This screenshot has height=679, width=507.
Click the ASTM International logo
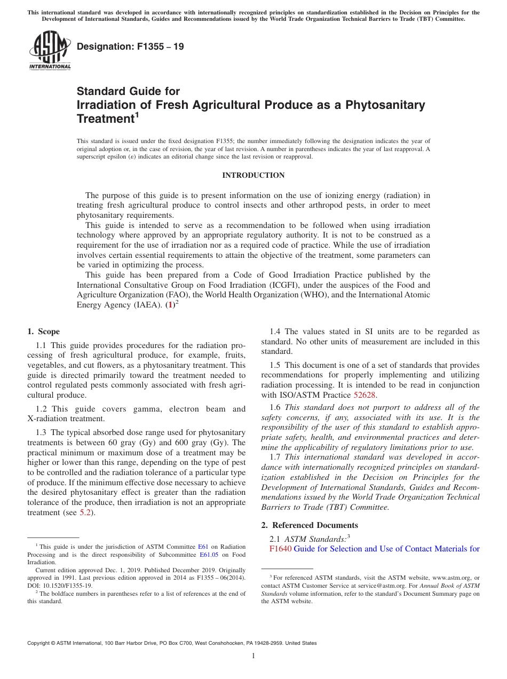pyautogui.click(x=49, y=50)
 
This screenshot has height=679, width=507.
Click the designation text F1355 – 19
pyautogui.click(x=130, y=46)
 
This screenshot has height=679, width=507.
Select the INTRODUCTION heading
pyautogui.click(x=253, y=176)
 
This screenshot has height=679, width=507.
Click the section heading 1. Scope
pyautogui.click(x=44, y=331)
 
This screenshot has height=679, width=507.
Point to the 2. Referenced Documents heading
pyautogui.click(x=310, y=525)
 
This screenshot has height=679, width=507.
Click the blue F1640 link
pyautogui.click(x=281, y=548)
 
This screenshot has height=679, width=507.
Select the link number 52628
pyautogui.click(x=365, y=395)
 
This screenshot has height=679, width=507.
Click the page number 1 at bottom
pyautogui.click(x=253, y=656)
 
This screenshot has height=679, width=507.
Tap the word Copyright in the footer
pyautogui.click(x=39, y=643)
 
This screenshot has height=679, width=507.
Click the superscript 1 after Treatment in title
pyautogui.click(x=137, y=114)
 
